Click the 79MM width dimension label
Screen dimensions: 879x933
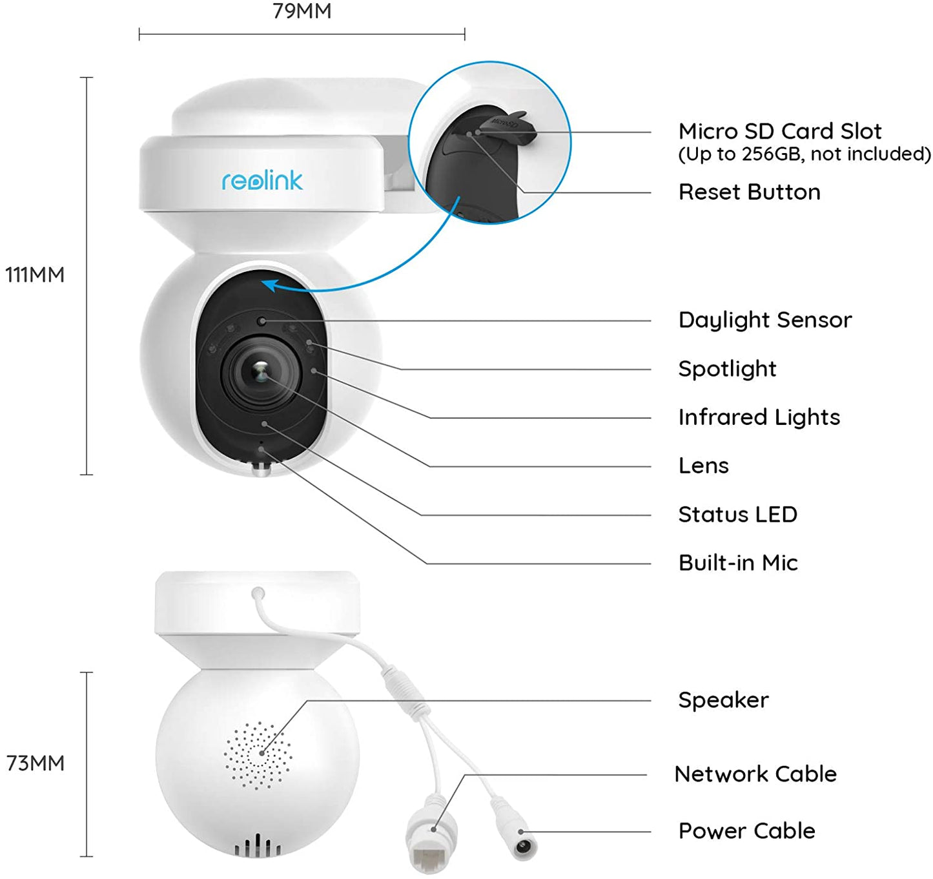click(x=302, y=11)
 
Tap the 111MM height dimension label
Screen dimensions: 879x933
click(x=35, y=274)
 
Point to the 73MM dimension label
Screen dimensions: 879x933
click(x=35, y=763)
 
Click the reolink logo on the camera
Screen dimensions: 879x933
click(x=261, y=181)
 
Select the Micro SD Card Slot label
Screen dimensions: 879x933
click(x=779, y=131)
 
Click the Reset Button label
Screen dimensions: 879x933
click(x=749, y=192)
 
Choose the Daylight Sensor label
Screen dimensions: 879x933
click(x=764, y=320)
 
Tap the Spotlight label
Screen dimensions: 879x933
click(x=727, y=369)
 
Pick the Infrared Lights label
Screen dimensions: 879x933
click(x=759, y=417)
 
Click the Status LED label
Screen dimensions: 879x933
click(x=737, y=515)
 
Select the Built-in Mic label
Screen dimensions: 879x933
click(x=738, y=563)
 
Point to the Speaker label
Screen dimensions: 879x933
click(x=723, y=700)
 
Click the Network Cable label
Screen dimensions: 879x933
click(x=755, y=774)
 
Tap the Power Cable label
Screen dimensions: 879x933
click(x=746, y=831)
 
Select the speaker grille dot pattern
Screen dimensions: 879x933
click(x=258, y=754)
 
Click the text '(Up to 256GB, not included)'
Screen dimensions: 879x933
click(x=804, y=154)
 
